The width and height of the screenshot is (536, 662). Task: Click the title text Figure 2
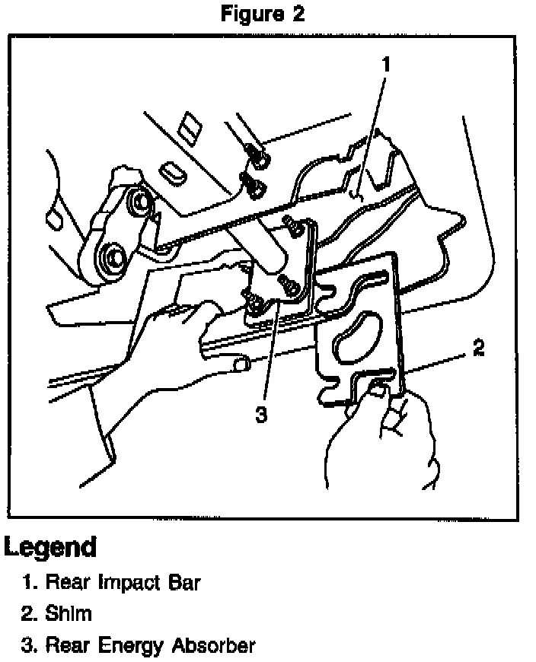click(x=263, y=15)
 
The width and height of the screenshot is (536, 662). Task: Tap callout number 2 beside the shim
click(x=477, y=349)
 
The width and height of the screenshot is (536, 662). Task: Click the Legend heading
click(x=50, y=546)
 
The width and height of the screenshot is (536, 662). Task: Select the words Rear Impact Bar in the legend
click(x=123, y=584)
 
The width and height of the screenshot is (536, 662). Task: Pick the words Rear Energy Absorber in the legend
click(x=150, y=646)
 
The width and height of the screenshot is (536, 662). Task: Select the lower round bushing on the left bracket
click(x=112, y=258)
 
